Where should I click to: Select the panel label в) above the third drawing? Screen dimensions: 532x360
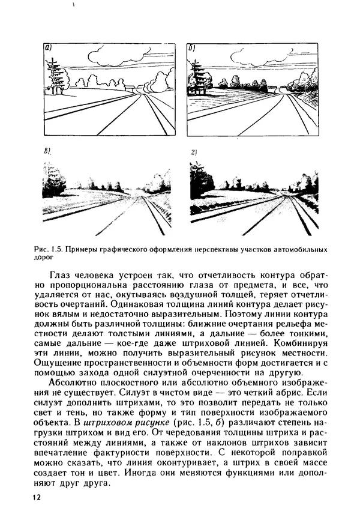coord(49,153)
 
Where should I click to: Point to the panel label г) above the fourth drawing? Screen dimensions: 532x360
coord(194,153)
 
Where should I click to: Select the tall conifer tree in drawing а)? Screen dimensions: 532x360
coord(55,75)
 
